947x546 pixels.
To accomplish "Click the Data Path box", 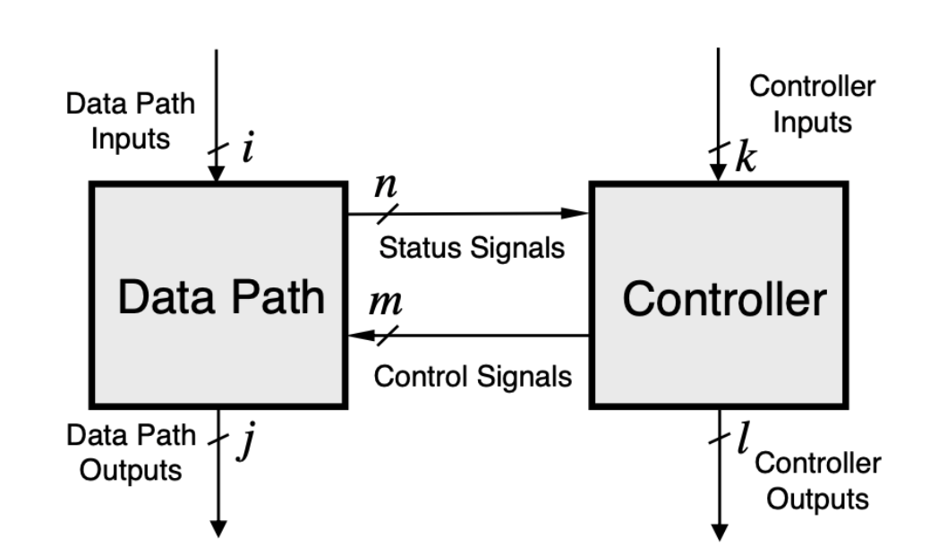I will coord(218,295).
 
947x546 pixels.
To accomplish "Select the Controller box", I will coord(718,295).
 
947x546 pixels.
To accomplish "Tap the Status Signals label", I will coord(472,248).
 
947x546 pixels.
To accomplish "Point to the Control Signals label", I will coord(472,376).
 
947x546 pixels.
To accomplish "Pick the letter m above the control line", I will coord(387,304).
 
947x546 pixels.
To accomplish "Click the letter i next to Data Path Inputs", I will coord(247,149).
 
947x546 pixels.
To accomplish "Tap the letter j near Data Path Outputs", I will coord(242,444).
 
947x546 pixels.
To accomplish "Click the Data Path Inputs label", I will coord(130,122).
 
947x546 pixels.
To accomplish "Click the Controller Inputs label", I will coord(812,104).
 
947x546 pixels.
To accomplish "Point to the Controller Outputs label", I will coord(817,480).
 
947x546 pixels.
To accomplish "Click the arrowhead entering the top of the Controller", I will coord(718,175).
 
